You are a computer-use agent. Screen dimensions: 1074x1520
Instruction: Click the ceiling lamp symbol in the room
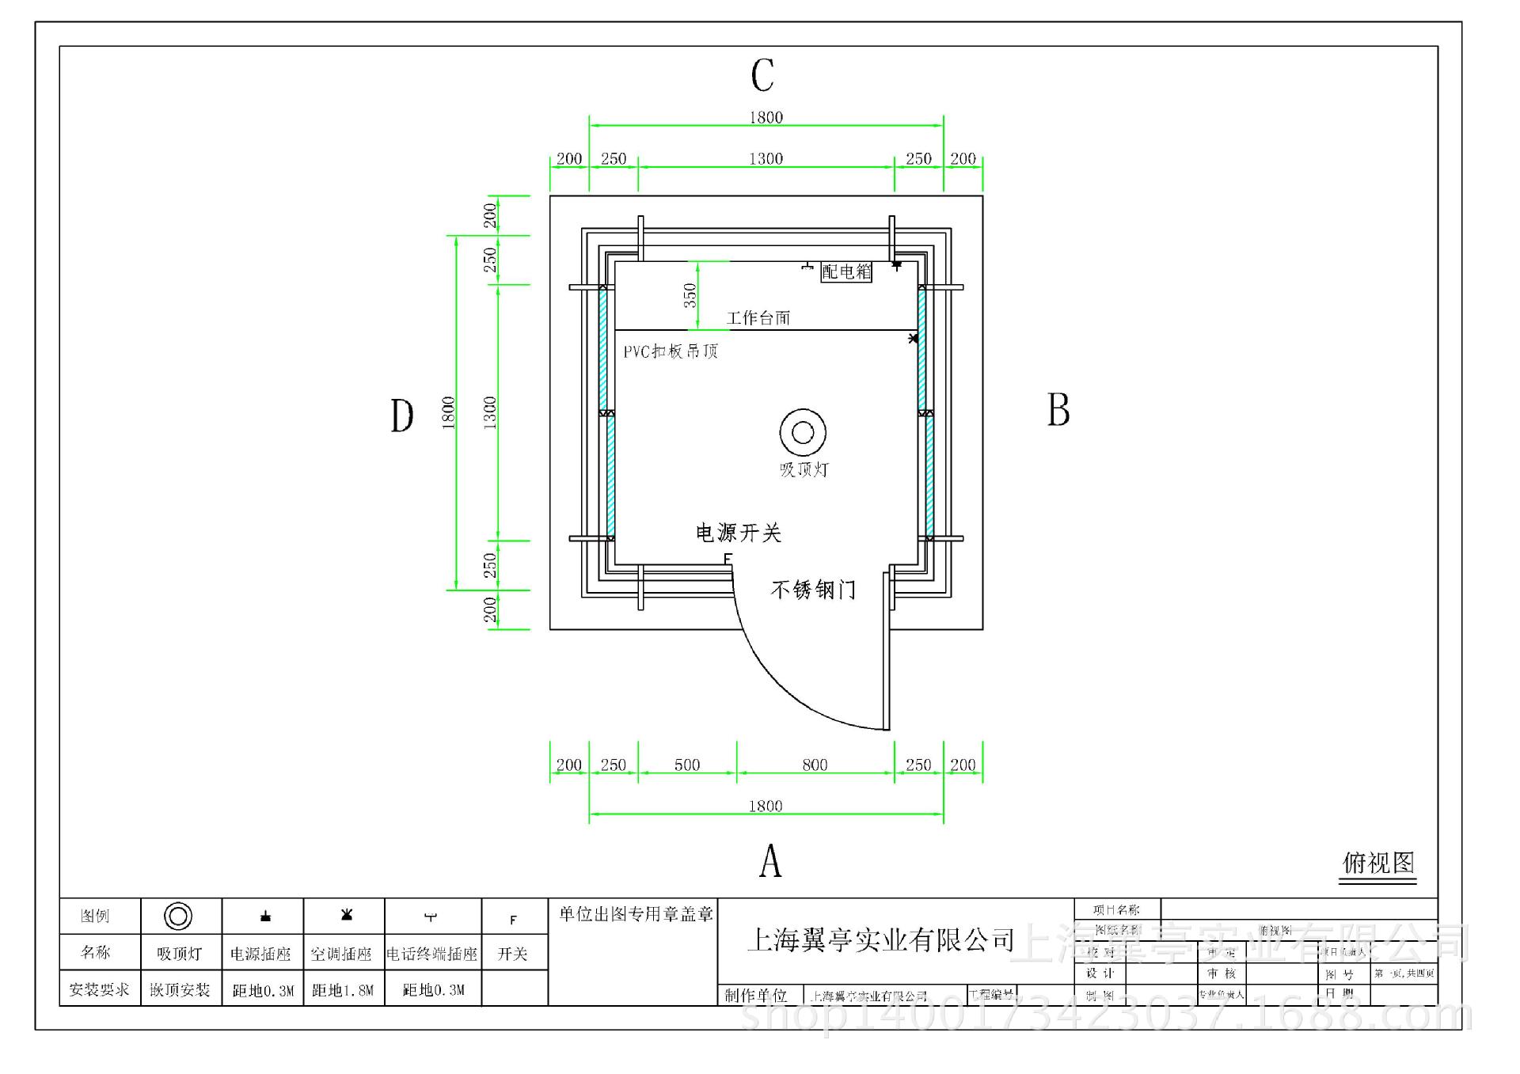click(803, 432)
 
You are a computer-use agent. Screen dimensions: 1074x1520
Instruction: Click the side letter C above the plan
click(762, 76)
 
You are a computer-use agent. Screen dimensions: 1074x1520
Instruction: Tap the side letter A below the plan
click(770, 861)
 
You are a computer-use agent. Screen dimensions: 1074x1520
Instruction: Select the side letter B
click(1058, 410)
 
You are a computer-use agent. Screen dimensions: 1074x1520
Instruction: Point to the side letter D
click(402, 416)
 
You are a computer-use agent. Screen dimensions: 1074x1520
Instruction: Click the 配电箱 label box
click(846, 271)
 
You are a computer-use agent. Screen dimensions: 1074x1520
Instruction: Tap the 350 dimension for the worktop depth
click(690, 295)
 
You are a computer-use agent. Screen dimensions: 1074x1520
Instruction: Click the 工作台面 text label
click(758, 318)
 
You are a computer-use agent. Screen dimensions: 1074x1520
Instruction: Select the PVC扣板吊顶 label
click(671, 351)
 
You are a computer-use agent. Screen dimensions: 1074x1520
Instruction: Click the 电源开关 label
click(739, 533)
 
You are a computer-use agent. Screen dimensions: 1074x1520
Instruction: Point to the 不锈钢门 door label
click(813, 590)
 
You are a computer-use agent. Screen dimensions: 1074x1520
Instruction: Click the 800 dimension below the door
click(815, 765)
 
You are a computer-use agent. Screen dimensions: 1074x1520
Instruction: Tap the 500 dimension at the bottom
click(687, 765)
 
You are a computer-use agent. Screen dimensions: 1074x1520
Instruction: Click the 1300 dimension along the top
click(766, 159)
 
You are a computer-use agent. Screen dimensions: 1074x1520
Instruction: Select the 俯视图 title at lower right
click(1378, 863)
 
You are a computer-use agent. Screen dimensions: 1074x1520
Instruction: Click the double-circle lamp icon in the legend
click(178, 917)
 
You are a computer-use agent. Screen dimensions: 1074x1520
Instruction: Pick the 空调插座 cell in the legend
click(341, 954)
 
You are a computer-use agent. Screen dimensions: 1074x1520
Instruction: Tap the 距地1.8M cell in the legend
click(343, 989)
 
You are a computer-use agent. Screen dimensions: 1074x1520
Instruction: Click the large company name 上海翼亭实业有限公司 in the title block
click(880, 940)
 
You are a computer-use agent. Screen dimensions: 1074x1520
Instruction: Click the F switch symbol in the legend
click(513, 920)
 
